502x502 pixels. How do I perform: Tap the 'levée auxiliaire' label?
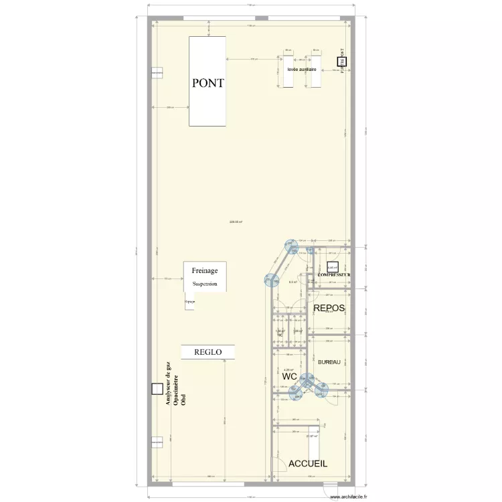click(x=301, y=69)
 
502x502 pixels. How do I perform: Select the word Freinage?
click(x=205, y=270)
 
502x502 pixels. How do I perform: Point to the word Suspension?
click(x=205, y=284)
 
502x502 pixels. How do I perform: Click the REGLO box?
click(x=207, y=351)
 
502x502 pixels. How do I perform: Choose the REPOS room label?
click(x=329, y=309)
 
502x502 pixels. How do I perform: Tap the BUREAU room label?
click(x=329, y=362)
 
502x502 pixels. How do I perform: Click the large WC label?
click(x=289, y=377)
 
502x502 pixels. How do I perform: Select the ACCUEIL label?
click(x=308, y=463)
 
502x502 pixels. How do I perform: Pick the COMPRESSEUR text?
click(x=335, y=275)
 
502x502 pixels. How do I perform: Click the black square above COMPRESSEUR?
click(x=333, y=266)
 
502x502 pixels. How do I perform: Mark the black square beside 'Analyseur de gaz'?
click(x=157, y=388)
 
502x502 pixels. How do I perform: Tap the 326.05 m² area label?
click(x=236, y=222)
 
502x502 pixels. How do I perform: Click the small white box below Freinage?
click(x=190, y=303)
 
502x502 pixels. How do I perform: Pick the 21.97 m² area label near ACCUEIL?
click(x=311, y=436)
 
